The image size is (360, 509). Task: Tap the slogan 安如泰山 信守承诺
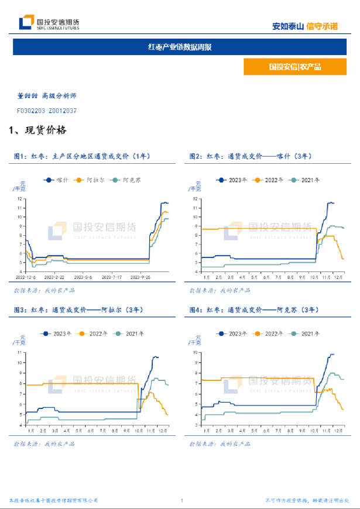(305, 26)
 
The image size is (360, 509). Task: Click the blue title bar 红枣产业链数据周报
(179, 47)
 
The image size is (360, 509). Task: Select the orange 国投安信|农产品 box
(295, 67)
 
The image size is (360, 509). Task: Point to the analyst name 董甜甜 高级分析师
(47, 95)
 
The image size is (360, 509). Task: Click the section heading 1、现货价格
(37, 130)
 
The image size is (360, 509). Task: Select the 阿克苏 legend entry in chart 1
(129, 180)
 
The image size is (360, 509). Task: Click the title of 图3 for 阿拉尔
(76, 309)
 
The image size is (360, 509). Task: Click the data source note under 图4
(221, 444)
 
